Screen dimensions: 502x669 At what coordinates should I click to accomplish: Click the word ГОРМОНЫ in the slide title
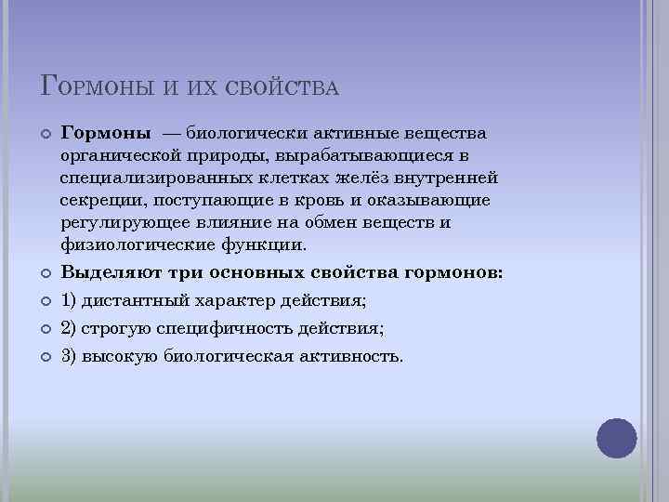click(97, 86)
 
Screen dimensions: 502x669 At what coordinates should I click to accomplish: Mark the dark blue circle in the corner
click(616, 438)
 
